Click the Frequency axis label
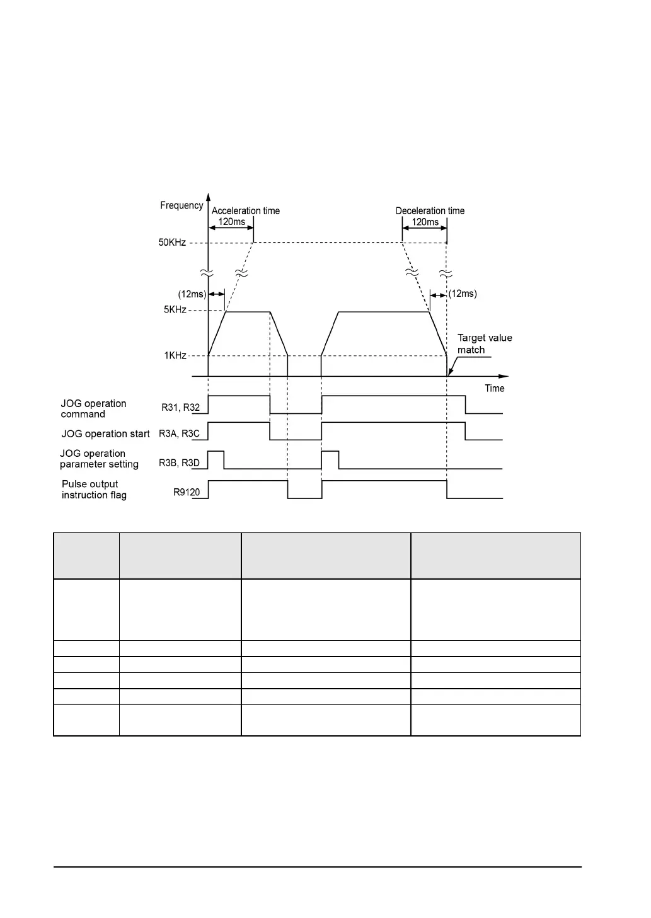click(x=181, y=205)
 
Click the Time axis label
click(x=495, y=388)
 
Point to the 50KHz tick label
click(x=172, y=243)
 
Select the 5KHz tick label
click(x=175, y=309)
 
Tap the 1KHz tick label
click(x=175, y=355)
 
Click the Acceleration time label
click(x=246, y=211)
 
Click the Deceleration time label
click(x=430, y=211)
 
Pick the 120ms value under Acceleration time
click(x=231, y=222)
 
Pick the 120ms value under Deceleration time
click(x=425, y=222)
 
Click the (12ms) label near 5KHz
click(x=192, y=294)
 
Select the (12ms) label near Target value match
click(x=463, y=294)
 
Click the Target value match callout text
click(x=484, y=344)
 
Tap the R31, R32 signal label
click(x=181, y=408)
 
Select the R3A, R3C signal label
click(x=179, y=433)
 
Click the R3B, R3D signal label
click(x=179, y=463)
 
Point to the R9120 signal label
click(x=187, y=492)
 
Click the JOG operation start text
click(x=105, y=434)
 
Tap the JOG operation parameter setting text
click(x=99, y=459)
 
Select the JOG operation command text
click(x=93, y=409)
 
